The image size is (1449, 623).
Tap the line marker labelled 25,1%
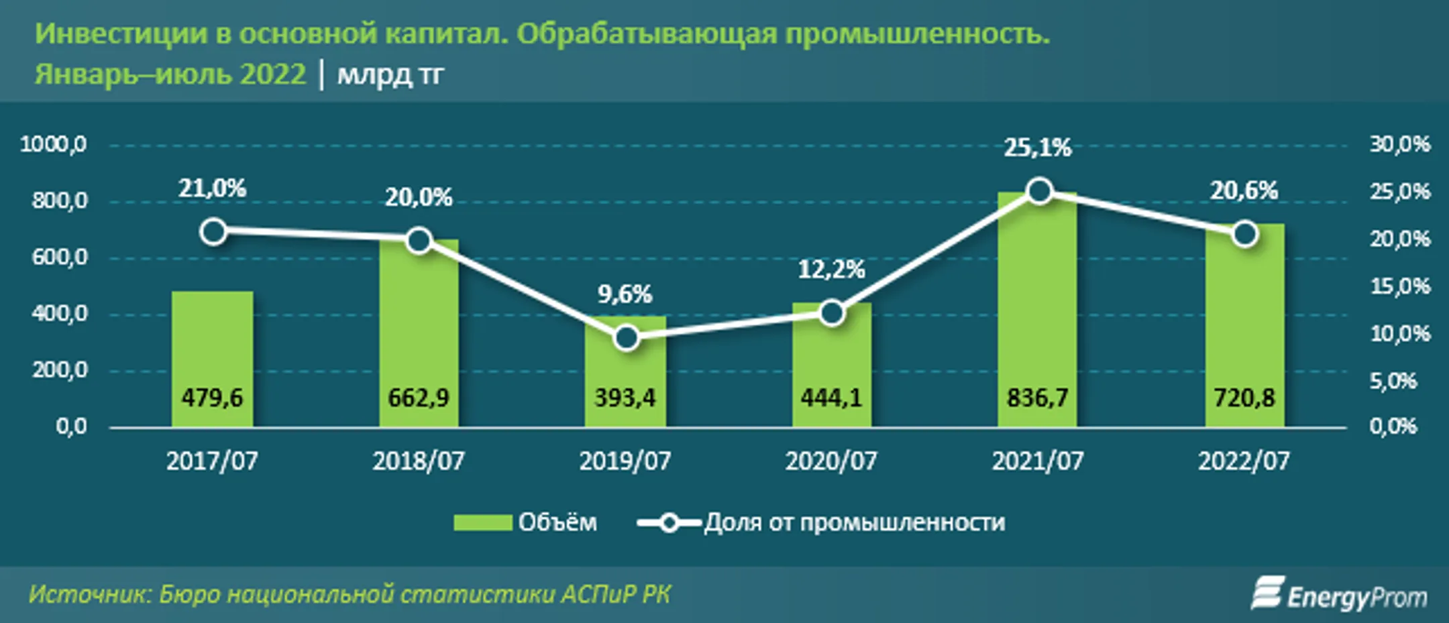tap(1039, 192)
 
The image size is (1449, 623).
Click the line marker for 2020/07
tap(832, 313)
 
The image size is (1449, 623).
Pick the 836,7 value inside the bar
tap(1037, 398)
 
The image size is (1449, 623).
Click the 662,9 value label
tap(419, 398)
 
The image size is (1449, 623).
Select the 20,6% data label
tap(1244, 191)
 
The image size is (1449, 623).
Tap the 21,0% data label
tap(212, 189)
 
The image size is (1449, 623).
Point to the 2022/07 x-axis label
tap(1244, 461)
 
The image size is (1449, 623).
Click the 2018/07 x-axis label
tap(419, 461)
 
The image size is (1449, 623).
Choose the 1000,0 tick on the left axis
tap(54, 144)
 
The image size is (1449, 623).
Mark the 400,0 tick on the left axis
tap(59, 314)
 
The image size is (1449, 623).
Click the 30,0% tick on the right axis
tap(1399, 144)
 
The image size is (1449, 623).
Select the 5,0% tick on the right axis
tap(1393, 382)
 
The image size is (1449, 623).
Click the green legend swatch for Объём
tap(482, 522)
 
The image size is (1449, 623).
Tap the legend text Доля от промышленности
tap(854, 522)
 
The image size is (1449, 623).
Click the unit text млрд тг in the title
tap(390, 74)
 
